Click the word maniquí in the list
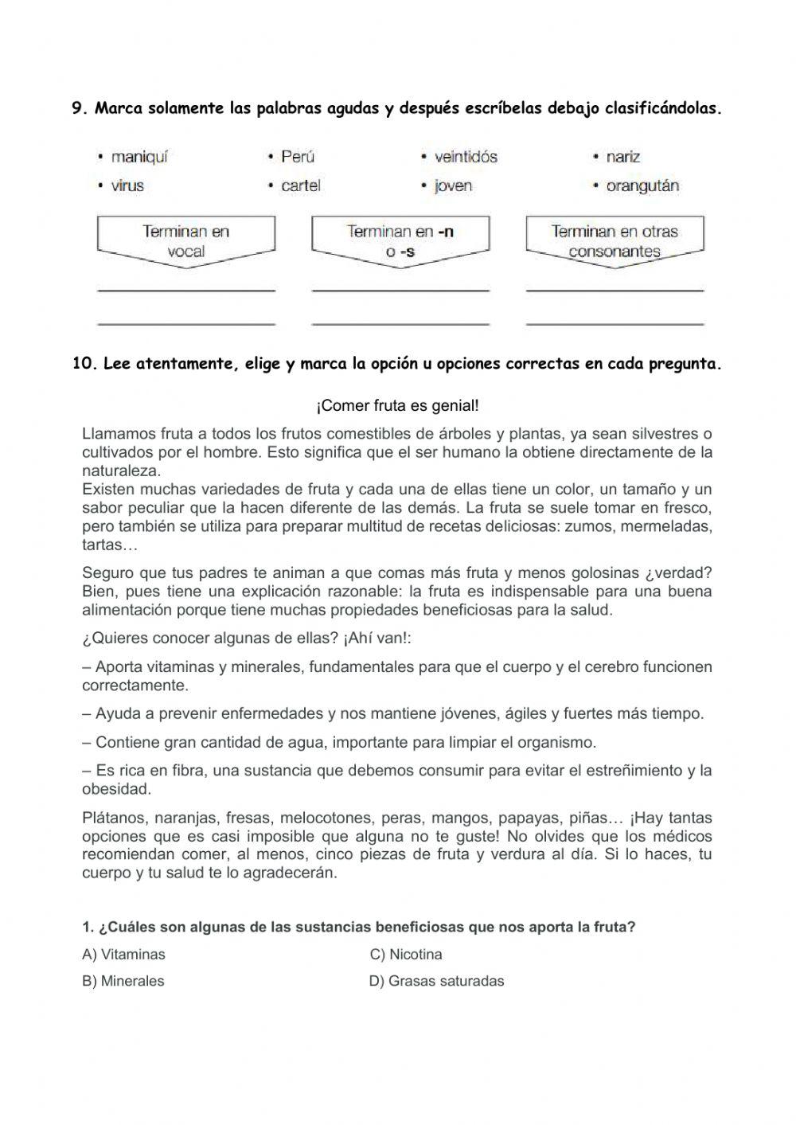click(139, 157)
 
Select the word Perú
click(298, 157)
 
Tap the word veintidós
click(466, 157)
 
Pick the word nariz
click(622, 157)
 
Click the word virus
click(127, 186)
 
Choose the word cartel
click(301, 186)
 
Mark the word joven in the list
click(453, 186)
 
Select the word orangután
click(642, 186)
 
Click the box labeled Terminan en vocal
click(185, 241)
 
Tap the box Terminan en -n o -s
click(400, 241)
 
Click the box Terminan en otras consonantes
click(615, 241)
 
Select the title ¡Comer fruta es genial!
click(398, 406)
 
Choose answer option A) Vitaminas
click(123, 954)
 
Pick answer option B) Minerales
click(123, 981)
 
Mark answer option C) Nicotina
click(406, 954)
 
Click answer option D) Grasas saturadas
click(436, 981)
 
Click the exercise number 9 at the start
click(79, 109)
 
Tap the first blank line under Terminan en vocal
click(185, 288)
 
